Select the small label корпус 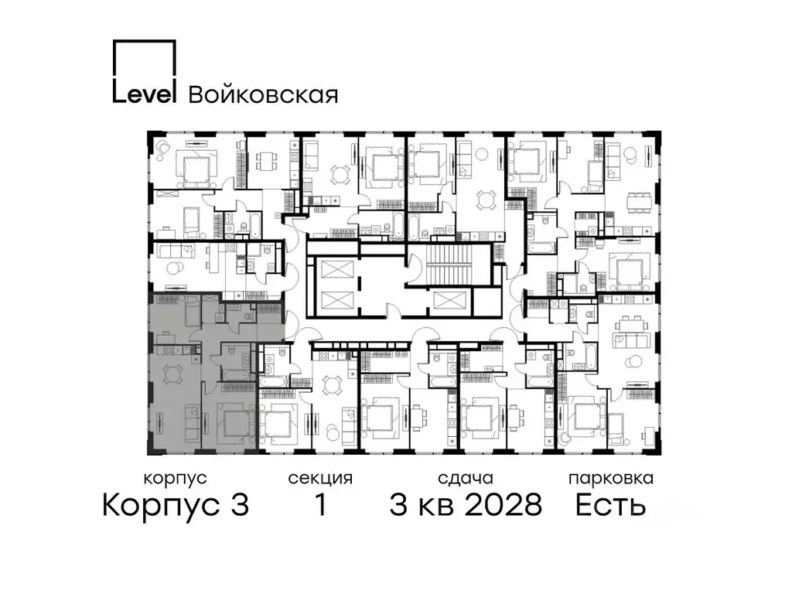coord(176,478)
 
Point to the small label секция coord(320,478)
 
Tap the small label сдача coord(464,478)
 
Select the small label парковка coord(610,478)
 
